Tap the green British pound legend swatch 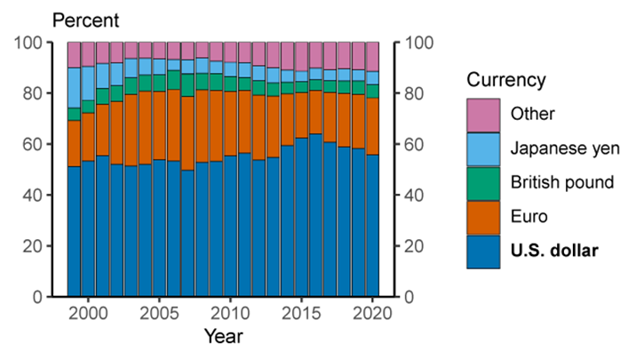coord(482,182)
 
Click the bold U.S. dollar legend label coord(554,252)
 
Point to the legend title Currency coord(506,80)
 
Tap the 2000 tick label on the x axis coord(88,314)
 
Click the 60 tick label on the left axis coord(33,144)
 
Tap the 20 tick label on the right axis coord(413,246)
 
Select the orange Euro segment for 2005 coord(160,125)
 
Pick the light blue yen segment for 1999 coord(74,87)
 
